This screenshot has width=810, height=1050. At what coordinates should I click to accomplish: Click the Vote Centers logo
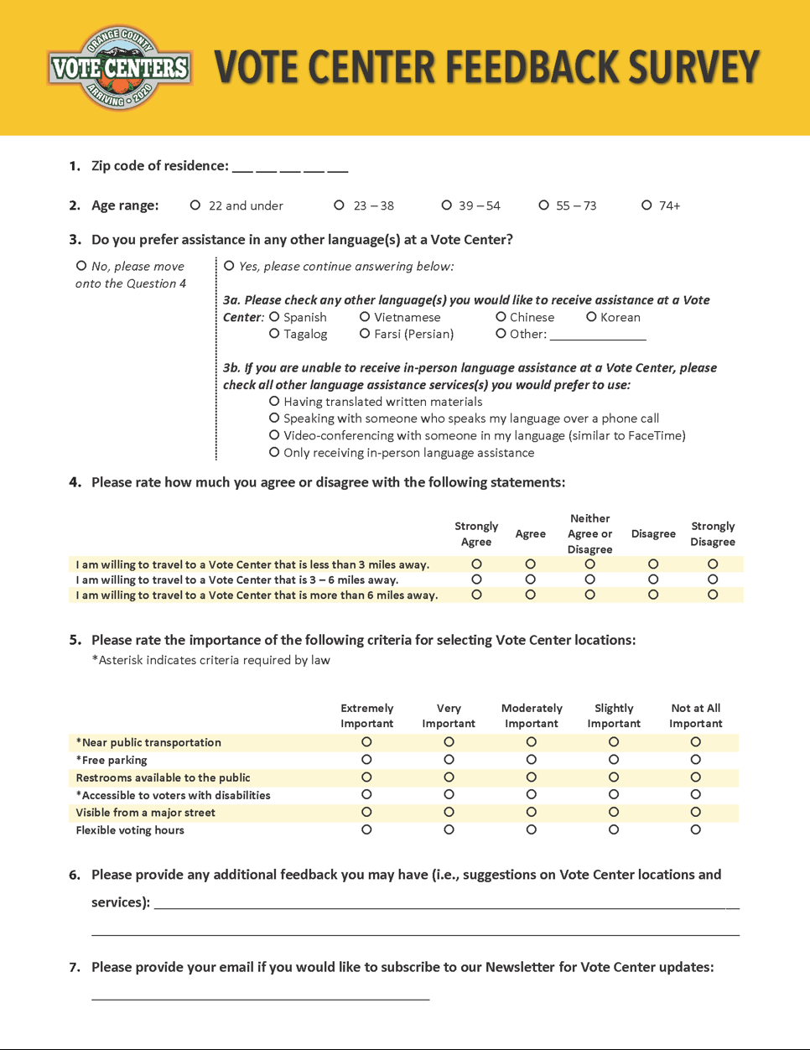tap(120, 67)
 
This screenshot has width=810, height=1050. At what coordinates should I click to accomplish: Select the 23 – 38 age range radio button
tap(340, 205)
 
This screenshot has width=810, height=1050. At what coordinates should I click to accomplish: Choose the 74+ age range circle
tap(646, 205)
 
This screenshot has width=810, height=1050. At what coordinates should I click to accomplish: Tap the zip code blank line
tap(290, 168)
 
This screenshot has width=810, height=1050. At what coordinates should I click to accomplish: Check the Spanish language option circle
tap(274, 317)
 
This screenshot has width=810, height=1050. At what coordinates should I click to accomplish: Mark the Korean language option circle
tap(591, 317)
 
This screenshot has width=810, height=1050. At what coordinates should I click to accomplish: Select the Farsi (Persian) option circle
tap(365, 334)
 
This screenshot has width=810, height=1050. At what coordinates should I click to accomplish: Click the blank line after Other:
tap(598, 335)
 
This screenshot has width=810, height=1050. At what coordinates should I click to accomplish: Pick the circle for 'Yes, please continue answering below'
tap(230, 266)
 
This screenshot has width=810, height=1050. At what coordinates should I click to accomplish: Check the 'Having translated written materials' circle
tap(274, 402)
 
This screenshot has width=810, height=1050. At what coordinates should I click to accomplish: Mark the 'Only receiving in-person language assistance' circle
tap(274, 453)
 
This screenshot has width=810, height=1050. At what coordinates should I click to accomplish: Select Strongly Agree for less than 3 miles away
tap(476, 564)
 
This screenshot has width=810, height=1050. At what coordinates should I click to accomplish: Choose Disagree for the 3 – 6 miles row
tap(653, 580)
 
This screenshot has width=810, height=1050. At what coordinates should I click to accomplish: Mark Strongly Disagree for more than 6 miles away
tap(713, 595)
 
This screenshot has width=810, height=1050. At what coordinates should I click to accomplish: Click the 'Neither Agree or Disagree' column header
tap(590, 534)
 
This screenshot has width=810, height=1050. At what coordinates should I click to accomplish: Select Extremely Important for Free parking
tap(366, 760)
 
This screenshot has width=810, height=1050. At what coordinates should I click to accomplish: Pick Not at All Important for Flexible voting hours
tap(696, 829)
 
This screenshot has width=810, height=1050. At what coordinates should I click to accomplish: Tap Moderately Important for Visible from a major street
tap(532, 812)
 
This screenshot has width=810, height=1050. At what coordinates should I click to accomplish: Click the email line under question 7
tap(260, 997)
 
